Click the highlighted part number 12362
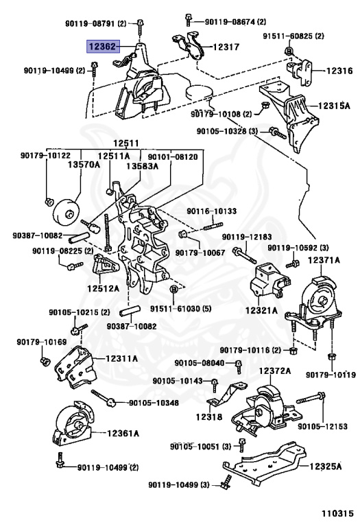tap(103, 47)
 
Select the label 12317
tap(226, 47)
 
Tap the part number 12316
tap(339, 71)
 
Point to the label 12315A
tap(334, 106)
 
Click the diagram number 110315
tap(338, 513)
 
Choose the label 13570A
tap(84, 165)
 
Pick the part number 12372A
tap(275, 371)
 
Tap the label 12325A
tap(326, 466)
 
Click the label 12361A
tap(123, 433)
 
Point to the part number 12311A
tap(121, 359)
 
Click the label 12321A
tap(262, 310)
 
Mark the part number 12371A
tap(324, 260)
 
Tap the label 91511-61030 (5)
tap(180, 308)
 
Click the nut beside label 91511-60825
tap(288, 51)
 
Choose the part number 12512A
tap(104, 288)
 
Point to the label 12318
tap(209, 417)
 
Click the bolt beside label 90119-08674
tap(189, 19)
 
